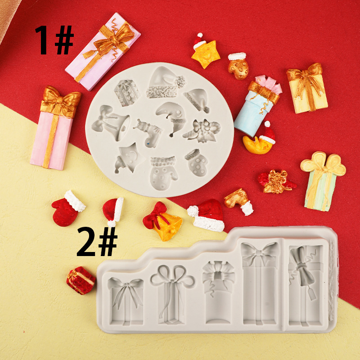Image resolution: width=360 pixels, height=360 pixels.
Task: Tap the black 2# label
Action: pyautogui.click(x=97, y=242)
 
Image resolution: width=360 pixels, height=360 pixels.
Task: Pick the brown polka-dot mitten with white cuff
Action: pyautogui.click(x=238, y=66)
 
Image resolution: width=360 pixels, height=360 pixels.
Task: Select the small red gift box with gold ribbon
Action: pyautogui.click(x=81, y=280)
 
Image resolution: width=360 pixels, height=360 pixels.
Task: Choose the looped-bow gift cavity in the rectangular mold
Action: pyautogui.click(x=172, y=295)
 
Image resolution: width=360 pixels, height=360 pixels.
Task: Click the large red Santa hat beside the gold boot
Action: pyautogui.click(x=207, y=216)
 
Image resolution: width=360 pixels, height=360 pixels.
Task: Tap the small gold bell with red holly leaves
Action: pyautogui.click(x=275, y=181)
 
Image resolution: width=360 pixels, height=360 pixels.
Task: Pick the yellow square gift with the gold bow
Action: pyautogui.click(x=307, y=88)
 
